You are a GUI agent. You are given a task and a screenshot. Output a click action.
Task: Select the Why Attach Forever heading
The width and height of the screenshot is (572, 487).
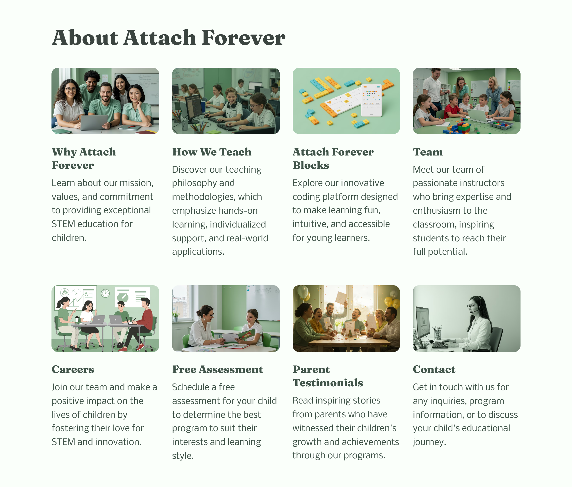click(84, 158)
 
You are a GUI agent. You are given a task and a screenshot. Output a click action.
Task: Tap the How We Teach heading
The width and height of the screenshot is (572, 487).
click(212, 152)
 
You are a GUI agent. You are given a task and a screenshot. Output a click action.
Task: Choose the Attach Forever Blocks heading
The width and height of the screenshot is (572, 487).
click(333, 158)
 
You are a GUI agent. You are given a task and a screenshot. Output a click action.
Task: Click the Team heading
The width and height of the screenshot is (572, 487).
click(428, 152)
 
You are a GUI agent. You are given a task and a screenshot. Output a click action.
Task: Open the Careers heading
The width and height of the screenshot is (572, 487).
click(73, 369)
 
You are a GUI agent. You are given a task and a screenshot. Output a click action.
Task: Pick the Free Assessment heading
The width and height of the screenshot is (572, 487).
click(217, 369)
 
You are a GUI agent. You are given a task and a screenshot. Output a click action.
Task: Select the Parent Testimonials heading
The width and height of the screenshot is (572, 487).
click(327, 376)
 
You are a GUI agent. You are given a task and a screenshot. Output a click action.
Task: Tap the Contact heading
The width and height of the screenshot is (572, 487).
click(434, 369)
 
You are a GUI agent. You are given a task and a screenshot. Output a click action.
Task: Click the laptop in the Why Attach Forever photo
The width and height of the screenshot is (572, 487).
click(94, 123)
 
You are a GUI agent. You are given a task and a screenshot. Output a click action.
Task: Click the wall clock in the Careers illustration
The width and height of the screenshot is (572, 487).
click(105, 293)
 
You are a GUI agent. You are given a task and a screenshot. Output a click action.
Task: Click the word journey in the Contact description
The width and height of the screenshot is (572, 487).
click(429, 442)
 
